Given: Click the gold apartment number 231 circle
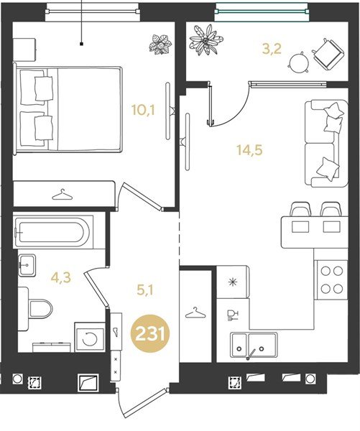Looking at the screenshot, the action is pos(150,335).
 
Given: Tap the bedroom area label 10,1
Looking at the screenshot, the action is pos(143,110).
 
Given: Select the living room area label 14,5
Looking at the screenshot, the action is pos(250,150).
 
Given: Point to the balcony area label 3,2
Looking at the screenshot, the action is pos(272,49).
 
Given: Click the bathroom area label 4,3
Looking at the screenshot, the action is pos(61,277).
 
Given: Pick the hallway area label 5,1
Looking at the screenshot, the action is pos(144,290).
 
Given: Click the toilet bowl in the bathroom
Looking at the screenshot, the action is pos(40,309).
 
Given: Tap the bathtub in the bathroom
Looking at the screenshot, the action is pos(52,232).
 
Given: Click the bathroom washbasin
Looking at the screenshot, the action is pos(27,265).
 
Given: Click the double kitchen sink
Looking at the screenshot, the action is pos(254,345).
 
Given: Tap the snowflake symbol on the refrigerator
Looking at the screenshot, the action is pos(234,282).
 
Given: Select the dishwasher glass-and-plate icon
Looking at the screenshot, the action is pos(232,315).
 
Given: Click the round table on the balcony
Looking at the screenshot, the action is pos(299,62).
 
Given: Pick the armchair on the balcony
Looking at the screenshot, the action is pos(328,54).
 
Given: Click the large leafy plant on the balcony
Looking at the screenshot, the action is pos(206,40).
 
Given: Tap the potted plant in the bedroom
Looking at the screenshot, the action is pos(161,44).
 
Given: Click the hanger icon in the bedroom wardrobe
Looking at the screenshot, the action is pos(63,195).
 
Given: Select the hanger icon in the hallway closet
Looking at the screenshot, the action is pos(195,312).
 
